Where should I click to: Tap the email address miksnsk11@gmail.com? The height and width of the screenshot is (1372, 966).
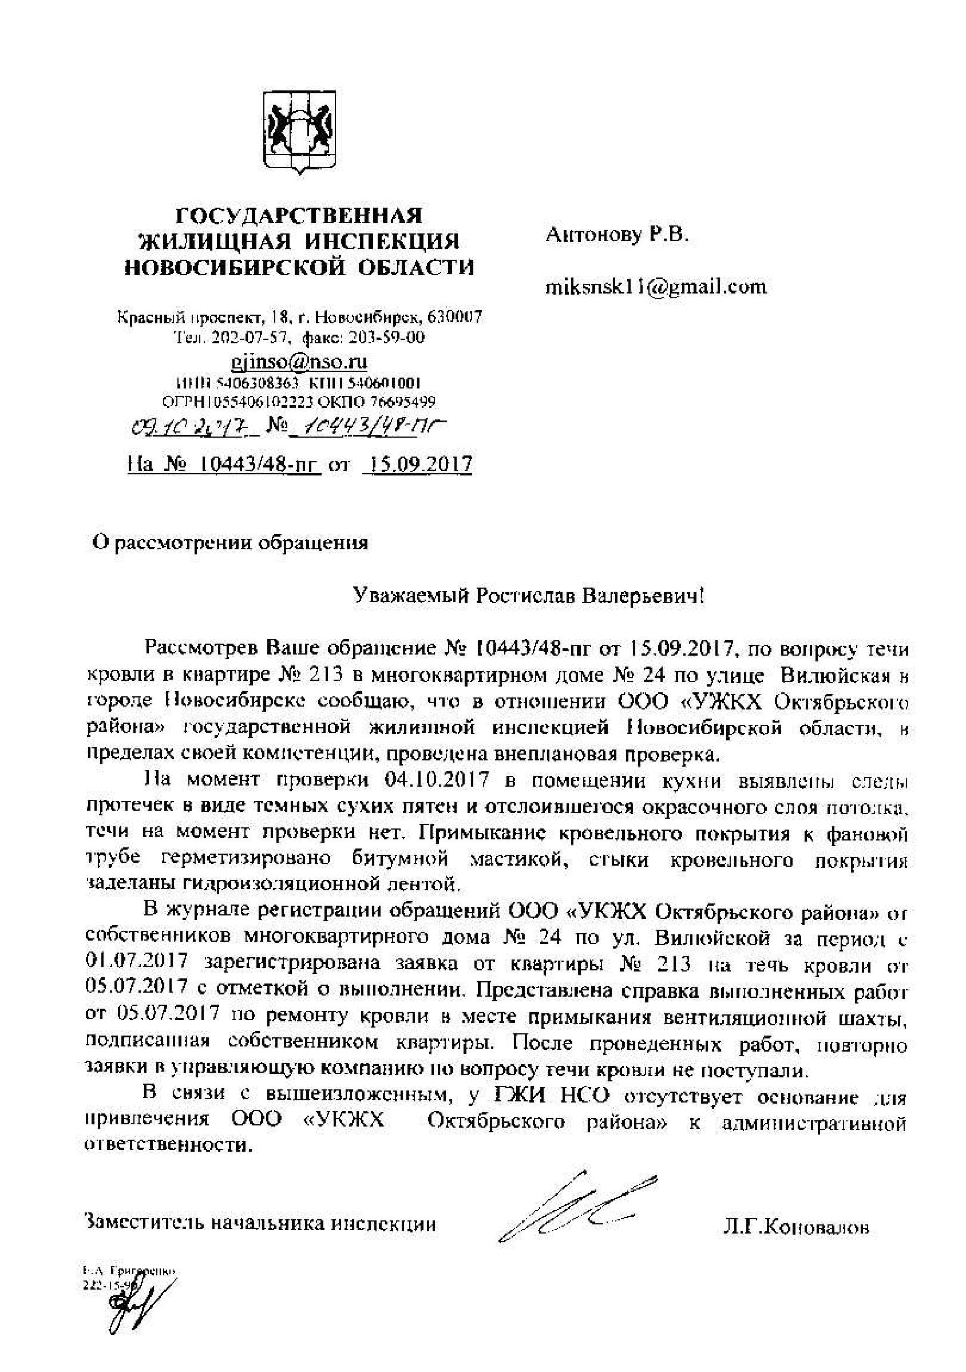[656, 287]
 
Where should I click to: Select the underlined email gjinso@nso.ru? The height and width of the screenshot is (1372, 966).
[299, 362]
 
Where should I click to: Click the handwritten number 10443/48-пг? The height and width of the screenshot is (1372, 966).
[375, 426]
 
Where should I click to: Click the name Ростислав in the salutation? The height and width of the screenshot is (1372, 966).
[519, 595]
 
